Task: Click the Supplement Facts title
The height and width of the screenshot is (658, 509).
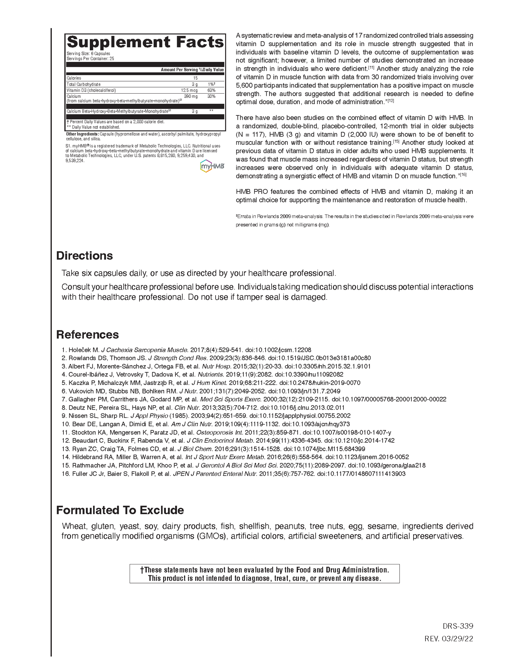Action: (145, 42)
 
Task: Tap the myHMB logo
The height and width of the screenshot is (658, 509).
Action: (212, 166)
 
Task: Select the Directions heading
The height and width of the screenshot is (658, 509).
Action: (85, 256)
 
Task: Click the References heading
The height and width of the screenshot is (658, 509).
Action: (87, 335)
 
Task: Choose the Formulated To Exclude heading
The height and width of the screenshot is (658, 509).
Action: (120, 510)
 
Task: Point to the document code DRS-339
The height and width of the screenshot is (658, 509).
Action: (458, 626)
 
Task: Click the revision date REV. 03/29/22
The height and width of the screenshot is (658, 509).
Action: (449, 639)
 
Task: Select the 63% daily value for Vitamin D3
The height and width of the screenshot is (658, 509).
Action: (211, 90)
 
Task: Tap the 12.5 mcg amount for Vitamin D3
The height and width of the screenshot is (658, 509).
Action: (189, 90)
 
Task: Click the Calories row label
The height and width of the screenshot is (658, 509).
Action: (74, 78)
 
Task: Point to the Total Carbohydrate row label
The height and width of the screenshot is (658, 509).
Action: (83, 84)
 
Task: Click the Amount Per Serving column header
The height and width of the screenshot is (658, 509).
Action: (179, 70)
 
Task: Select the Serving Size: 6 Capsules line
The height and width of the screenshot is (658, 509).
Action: (88, 53)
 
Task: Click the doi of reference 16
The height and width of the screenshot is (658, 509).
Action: (361, 474)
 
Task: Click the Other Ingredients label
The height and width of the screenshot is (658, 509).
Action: (82, 134)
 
